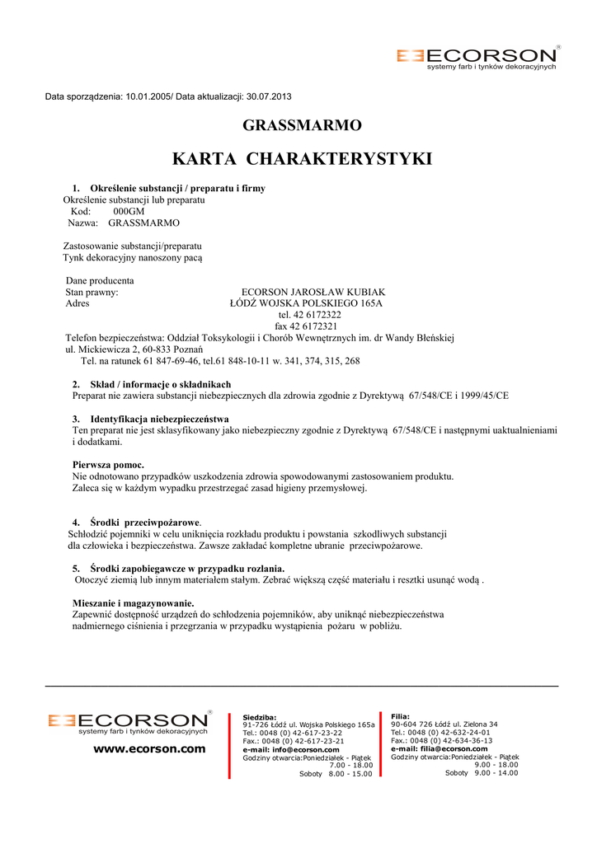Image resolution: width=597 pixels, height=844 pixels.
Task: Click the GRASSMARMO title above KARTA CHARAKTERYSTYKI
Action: coord(302,126)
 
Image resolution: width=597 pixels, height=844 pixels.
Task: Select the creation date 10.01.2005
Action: coord(147,96)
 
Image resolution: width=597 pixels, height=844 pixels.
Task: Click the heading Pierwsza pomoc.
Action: coord(108,465)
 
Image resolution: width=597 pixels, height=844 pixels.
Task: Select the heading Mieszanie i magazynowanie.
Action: coord(133,603)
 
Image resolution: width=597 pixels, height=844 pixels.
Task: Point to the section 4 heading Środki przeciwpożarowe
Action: coord(145,523)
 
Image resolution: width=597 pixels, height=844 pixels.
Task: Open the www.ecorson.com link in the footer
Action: coord(148,749)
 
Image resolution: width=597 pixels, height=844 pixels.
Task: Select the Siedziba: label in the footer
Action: coord(260,717)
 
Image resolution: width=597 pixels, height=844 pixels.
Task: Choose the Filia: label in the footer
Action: coord(400,716)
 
